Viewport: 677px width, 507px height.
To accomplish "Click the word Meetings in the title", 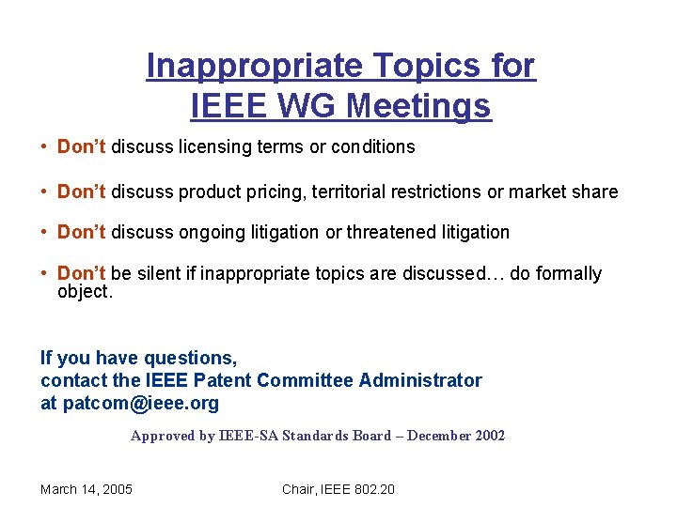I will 418,106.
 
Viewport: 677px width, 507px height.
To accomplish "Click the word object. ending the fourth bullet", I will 86,291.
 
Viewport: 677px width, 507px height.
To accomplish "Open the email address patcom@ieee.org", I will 140,404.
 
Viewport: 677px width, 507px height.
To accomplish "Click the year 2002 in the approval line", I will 489,436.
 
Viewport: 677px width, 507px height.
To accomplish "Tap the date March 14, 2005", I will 87,488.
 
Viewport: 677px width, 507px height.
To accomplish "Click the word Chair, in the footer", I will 300,488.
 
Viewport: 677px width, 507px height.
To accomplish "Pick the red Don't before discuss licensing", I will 82,147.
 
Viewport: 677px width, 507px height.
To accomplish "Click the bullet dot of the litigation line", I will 45,232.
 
